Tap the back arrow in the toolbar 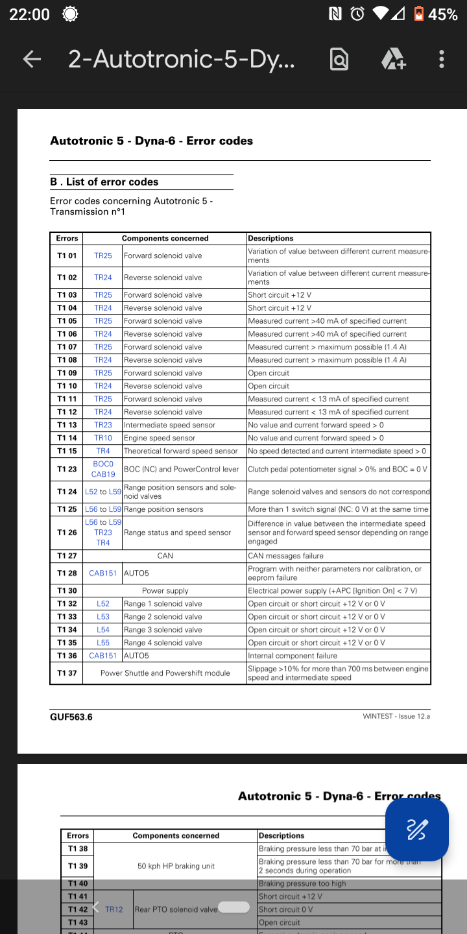coord(32,59)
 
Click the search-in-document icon coord(339,59)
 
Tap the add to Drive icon coord(393,59)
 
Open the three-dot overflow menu coord(442,59)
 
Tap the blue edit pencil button coord(416,829)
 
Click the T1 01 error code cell coord(67,256)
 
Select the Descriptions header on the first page coord(271,238)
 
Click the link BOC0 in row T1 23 coord(103,464)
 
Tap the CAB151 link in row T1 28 coord(103,573)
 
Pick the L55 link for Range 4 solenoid coord(103,643)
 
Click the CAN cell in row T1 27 coord(165,556)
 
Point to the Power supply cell coord(165,591)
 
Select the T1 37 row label coord(67,673)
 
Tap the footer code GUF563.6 coord(71,717)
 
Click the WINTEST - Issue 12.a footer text coord(396,717)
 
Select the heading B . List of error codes coord(104,182)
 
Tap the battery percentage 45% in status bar coord(443,14)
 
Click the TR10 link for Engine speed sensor coord(103,438)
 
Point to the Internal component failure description coord(293,656)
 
